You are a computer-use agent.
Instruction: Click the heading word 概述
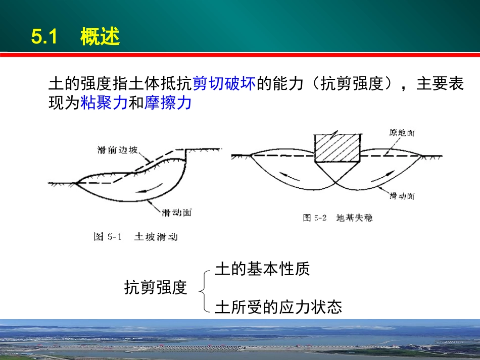click(100, 37)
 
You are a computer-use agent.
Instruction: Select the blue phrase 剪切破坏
click(224, 84)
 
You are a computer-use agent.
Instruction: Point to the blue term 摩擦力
click(168, 104)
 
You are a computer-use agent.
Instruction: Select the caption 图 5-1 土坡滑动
click(136, 236)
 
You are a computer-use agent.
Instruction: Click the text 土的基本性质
click(262, 269)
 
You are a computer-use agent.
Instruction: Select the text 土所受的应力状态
click(278, 306)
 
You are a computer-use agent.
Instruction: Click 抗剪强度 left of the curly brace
click(156, 288)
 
